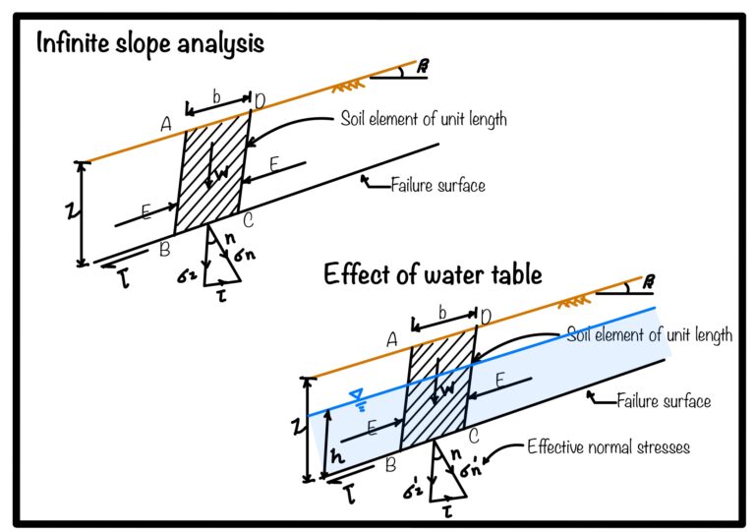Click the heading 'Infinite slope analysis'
(150, 44)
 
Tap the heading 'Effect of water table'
(433, 274)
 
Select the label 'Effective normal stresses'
(608, 445)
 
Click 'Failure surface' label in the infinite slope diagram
(437, 184)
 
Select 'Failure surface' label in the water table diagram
(663, 400)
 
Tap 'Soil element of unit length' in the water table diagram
(649, 334)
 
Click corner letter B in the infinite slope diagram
(164, 249)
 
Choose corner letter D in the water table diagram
(485, 315)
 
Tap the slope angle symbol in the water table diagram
(647, 283)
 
